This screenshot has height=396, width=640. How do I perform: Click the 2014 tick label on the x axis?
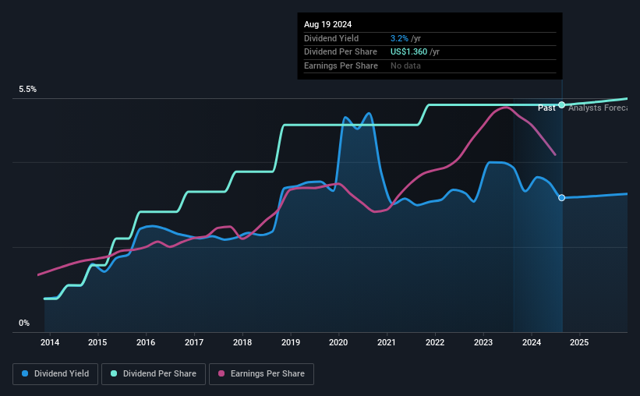coord(49,342)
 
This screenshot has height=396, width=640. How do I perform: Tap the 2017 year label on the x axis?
coord(194,342)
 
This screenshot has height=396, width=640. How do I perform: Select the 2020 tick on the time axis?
coord(338,342)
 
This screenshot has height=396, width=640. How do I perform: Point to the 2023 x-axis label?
coord(483,342)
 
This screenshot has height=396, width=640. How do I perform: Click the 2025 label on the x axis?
coord(579,342)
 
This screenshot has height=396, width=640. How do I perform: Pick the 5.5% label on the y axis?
coord(28,90)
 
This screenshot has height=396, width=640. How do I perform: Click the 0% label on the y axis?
coord(24,323)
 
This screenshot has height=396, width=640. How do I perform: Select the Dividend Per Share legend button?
coord(153,374)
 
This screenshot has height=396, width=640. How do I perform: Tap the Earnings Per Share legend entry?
coord(261,374)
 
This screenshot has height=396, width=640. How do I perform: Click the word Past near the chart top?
coord(546,107)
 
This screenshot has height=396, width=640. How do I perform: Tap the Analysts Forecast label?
coord(597,107)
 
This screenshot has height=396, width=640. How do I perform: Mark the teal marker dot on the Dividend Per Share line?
coord(561,104)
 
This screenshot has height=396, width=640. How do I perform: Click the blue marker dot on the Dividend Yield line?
coord(561,198)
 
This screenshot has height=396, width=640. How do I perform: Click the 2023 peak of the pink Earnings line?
coord(504,106)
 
